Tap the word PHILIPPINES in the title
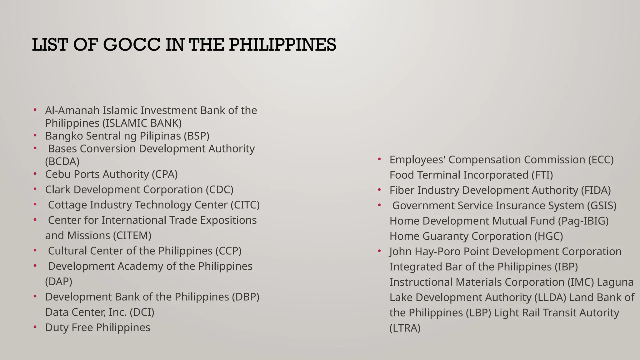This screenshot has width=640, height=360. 282,45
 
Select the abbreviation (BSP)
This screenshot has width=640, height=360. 197,136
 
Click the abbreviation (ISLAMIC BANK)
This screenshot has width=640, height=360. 142,123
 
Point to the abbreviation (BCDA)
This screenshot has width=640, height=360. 62,162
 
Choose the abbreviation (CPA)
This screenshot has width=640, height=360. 165,174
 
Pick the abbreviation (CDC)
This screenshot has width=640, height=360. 219,190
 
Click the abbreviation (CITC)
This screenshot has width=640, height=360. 245,205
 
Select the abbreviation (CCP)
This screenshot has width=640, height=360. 228,251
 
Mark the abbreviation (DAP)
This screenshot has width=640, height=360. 59,282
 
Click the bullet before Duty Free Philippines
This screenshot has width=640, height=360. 35,327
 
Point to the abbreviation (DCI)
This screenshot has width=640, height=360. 142,312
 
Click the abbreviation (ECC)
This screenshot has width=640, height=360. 601,160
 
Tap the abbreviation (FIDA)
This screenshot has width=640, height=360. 596,190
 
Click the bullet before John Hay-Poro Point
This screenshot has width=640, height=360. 379,251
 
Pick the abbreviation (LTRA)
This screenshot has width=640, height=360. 405,328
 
